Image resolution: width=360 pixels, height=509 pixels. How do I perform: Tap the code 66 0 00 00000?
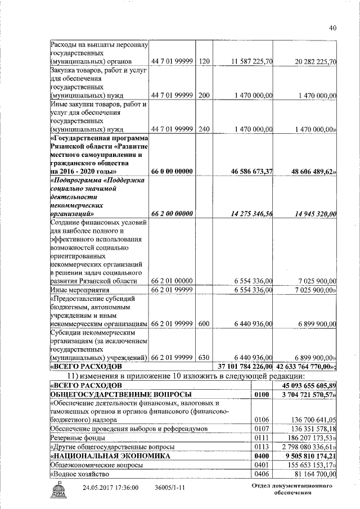(x=172, y=170)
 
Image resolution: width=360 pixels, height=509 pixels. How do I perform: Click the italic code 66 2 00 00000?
(x=172, y=214)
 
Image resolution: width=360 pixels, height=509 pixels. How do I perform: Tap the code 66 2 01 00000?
(x=172, y=281)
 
